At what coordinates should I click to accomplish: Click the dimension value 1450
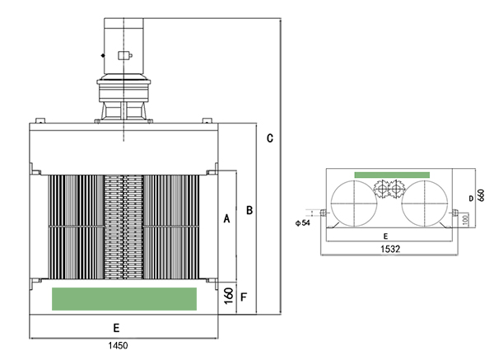[118, 345]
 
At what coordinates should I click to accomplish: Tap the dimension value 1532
[390, 249]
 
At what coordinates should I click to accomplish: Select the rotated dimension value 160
[229, 296]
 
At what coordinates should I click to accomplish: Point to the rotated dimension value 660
[481, 195]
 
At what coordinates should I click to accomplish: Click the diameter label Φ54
[303, 223]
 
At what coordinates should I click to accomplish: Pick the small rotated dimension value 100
[465, 219]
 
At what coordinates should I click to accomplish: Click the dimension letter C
[270, 138]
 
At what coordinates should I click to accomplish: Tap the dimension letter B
[249, 210]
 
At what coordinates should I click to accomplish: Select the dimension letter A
[227, 218]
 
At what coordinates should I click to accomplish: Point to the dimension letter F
[244, 297]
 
